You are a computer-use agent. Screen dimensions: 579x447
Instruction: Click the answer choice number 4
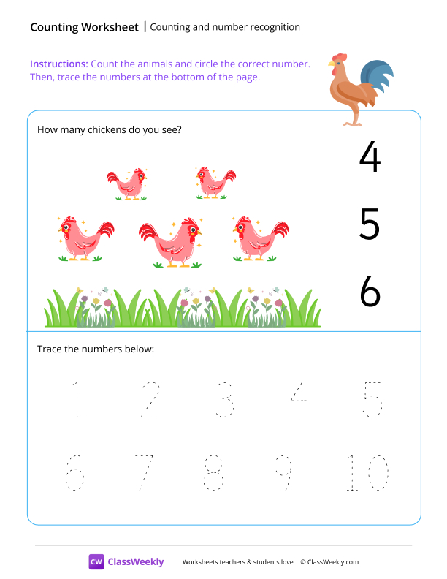(x=370, y=157)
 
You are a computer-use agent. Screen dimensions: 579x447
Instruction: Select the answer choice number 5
(x=370, y=225)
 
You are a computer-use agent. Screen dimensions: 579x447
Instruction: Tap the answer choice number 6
(x=370, y=292)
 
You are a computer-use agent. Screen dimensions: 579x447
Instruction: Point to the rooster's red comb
(x=339, y=58)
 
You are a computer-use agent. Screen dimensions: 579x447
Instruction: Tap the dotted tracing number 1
(x=74, y=400)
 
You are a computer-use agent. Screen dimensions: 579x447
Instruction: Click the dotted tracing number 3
(x=224, y=400)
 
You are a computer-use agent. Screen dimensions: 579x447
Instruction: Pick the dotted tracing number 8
(x=213, y=473)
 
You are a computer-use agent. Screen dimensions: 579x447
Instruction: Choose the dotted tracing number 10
(x=366, y=473)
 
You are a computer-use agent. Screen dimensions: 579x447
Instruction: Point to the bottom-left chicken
(x=85, y=238)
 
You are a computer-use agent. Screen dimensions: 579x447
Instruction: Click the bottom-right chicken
(x=259, y=238)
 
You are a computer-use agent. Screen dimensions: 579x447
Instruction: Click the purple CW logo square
(x=96, y=561)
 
